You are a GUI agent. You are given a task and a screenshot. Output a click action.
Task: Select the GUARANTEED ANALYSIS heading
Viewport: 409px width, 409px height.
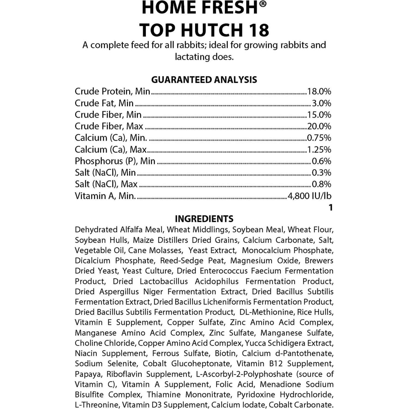204,80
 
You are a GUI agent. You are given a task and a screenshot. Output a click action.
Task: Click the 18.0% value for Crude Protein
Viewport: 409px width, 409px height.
319,91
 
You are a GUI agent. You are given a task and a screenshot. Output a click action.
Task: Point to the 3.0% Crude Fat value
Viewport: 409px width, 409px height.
321,103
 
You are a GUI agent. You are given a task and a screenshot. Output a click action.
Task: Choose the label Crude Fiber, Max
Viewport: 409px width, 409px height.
109,126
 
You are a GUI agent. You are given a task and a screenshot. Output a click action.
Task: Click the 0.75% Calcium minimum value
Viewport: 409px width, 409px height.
319,138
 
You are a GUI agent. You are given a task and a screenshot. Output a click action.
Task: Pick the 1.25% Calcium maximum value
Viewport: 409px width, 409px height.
319,149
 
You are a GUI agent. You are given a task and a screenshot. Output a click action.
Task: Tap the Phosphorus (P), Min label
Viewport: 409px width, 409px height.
115,161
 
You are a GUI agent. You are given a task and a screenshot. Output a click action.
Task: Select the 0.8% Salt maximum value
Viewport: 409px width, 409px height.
321,184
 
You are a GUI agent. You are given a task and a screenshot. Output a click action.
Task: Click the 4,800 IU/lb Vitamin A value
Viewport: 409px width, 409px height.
309,196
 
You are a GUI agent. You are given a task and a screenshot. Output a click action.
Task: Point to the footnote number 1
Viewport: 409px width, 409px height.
330,208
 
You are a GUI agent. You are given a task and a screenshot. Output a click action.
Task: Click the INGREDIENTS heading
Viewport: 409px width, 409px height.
204,219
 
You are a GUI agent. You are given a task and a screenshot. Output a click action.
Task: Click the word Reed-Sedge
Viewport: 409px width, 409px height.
182,261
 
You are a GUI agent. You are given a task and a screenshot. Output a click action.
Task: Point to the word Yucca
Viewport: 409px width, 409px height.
256,343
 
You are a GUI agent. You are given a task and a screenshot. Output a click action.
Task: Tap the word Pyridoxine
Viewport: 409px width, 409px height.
256,395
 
